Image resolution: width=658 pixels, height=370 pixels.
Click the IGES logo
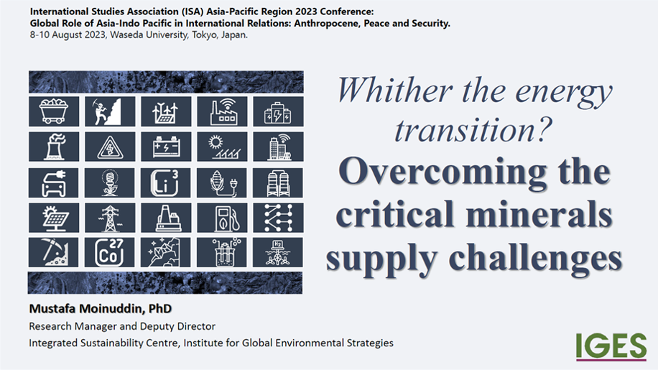tap(611, 346)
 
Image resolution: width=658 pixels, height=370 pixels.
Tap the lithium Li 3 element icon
tap(166, 182)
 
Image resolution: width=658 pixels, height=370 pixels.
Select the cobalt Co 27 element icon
tap(109, 253)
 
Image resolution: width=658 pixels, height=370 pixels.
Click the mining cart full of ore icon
tap(54, 111)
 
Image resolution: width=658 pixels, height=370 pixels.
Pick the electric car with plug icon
tap(54, 182)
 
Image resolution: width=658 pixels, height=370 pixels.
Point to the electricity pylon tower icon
tap(109, 218)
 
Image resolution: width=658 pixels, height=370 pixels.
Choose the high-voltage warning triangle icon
tap(109, 147)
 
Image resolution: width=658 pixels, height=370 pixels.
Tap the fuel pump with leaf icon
tap(222, 218)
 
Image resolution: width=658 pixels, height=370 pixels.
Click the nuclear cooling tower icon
tap(54, 147)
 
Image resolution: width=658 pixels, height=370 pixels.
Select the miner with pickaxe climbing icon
tap(109, 111)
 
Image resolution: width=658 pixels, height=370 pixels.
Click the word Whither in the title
tap(394, 90)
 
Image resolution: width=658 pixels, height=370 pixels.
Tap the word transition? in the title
tap(473, 129)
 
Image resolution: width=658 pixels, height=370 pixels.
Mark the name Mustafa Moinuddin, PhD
tap(101, 309)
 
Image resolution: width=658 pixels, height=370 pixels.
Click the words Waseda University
tap(149, 34)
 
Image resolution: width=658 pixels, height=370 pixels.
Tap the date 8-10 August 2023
tap(67, 34)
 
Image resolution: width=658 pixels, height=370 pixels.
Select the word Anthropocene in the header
tap(327, 24)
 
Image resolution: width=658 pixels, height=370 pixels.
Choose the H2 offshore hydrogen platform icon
tap(278, 253)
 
